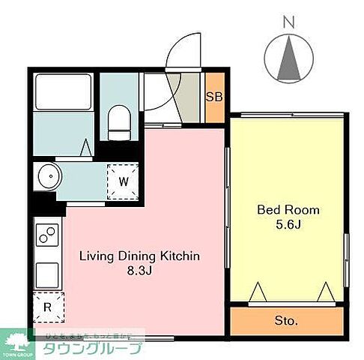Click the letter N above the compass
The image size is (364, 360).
(288, 22)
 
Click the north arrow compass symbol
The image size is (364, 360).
(289, 59)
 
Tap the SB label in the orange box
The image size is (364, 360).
(213, 95)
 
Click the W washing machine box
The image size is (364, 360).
(123, 181)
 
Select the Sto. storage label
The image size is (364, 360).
(287, 320)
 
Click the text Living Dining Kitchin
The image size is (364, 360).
(139, 256)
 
